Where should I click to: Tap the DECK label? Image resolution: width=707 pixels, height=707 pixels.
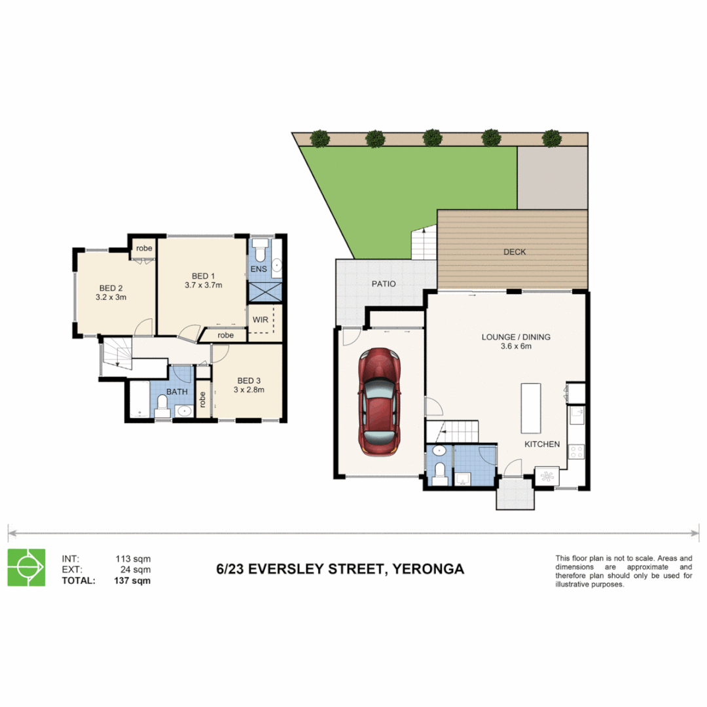(515, 251)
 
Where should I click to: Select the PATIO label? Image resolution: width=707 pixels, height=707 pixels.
(384, 284)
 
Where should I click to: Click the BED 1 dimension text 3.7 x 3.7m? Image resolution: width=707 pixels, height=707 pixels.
(203, 285)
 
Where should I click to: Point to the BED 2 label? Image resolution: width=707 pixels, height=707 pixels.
(111, 288)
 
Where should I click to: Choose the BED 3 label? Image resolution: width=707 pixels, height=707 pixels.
(249, 380)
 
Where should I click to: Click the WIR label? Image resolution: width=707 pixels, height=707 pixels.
(259, 320)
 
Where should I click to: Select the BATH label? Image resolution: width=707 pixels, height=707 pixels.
(176, 392)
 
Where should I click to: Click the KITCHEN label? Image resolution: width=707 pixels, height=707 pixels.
(542, 444)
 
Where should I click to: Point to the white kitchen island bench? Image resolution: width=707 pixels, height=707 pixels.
(531, 408)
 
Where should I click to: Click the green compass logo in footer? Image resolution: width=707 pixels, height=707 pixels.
(26, 567)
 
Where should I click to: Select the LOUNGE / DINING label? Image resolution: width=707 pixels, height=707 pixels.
(516, 337)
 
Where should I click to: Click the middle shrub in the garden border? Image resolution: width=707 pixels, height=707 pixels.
(432, 138)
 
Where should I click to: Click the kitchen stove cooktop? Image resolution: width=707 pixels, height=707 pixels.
(577, 451)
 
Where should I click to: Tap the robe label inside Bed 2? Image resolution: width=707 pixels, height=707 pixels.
(144, 248)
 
